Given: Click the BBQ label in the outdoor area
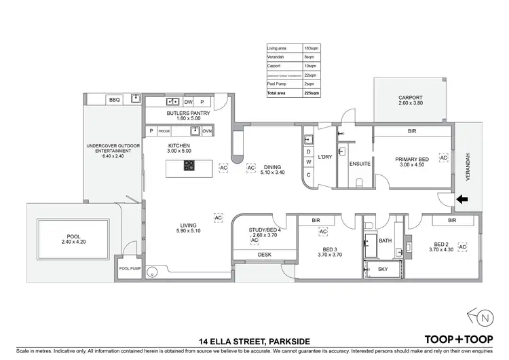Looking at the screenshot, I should [113, 101].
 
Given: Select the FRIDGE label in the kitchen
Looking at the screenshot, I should [164, 130].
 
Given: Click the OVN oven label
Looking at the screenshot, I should [208, 130].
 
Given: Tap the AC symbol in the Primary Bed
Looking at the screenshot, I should [443, 158].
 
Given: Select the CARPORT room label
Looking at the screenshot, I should [410, 98].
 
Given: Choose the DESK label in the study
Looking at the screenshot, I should [265, 255].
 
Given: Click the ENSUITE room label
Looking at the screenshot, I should [359, 164].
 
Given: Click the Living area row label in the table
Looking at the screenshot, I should [279, 49].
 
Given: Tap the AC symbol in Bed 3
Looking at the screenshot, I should [323, 232].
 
